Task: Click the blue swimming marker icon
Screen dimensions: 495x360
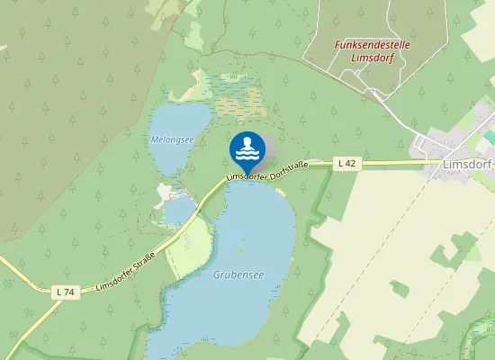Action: (247, 149)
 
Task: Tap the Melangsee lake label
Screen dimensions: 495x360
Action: (172, 139)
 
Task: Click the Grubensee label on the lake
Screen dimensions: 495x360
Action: (238, 274)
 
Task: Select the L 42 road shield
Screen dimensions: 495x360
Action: (348, 163)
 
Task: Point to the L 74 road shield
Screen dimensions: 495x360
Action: (63, 292)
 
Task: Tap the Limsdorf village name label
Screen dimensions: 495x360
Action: (468, 166)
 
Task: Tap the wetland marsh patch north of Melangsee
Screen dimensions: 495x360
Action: (229, 94)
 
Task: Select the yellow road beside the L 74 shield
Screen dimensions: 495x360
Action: (36, 282)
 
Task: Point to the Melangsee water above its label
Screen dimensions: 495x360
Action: (175, 121)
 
